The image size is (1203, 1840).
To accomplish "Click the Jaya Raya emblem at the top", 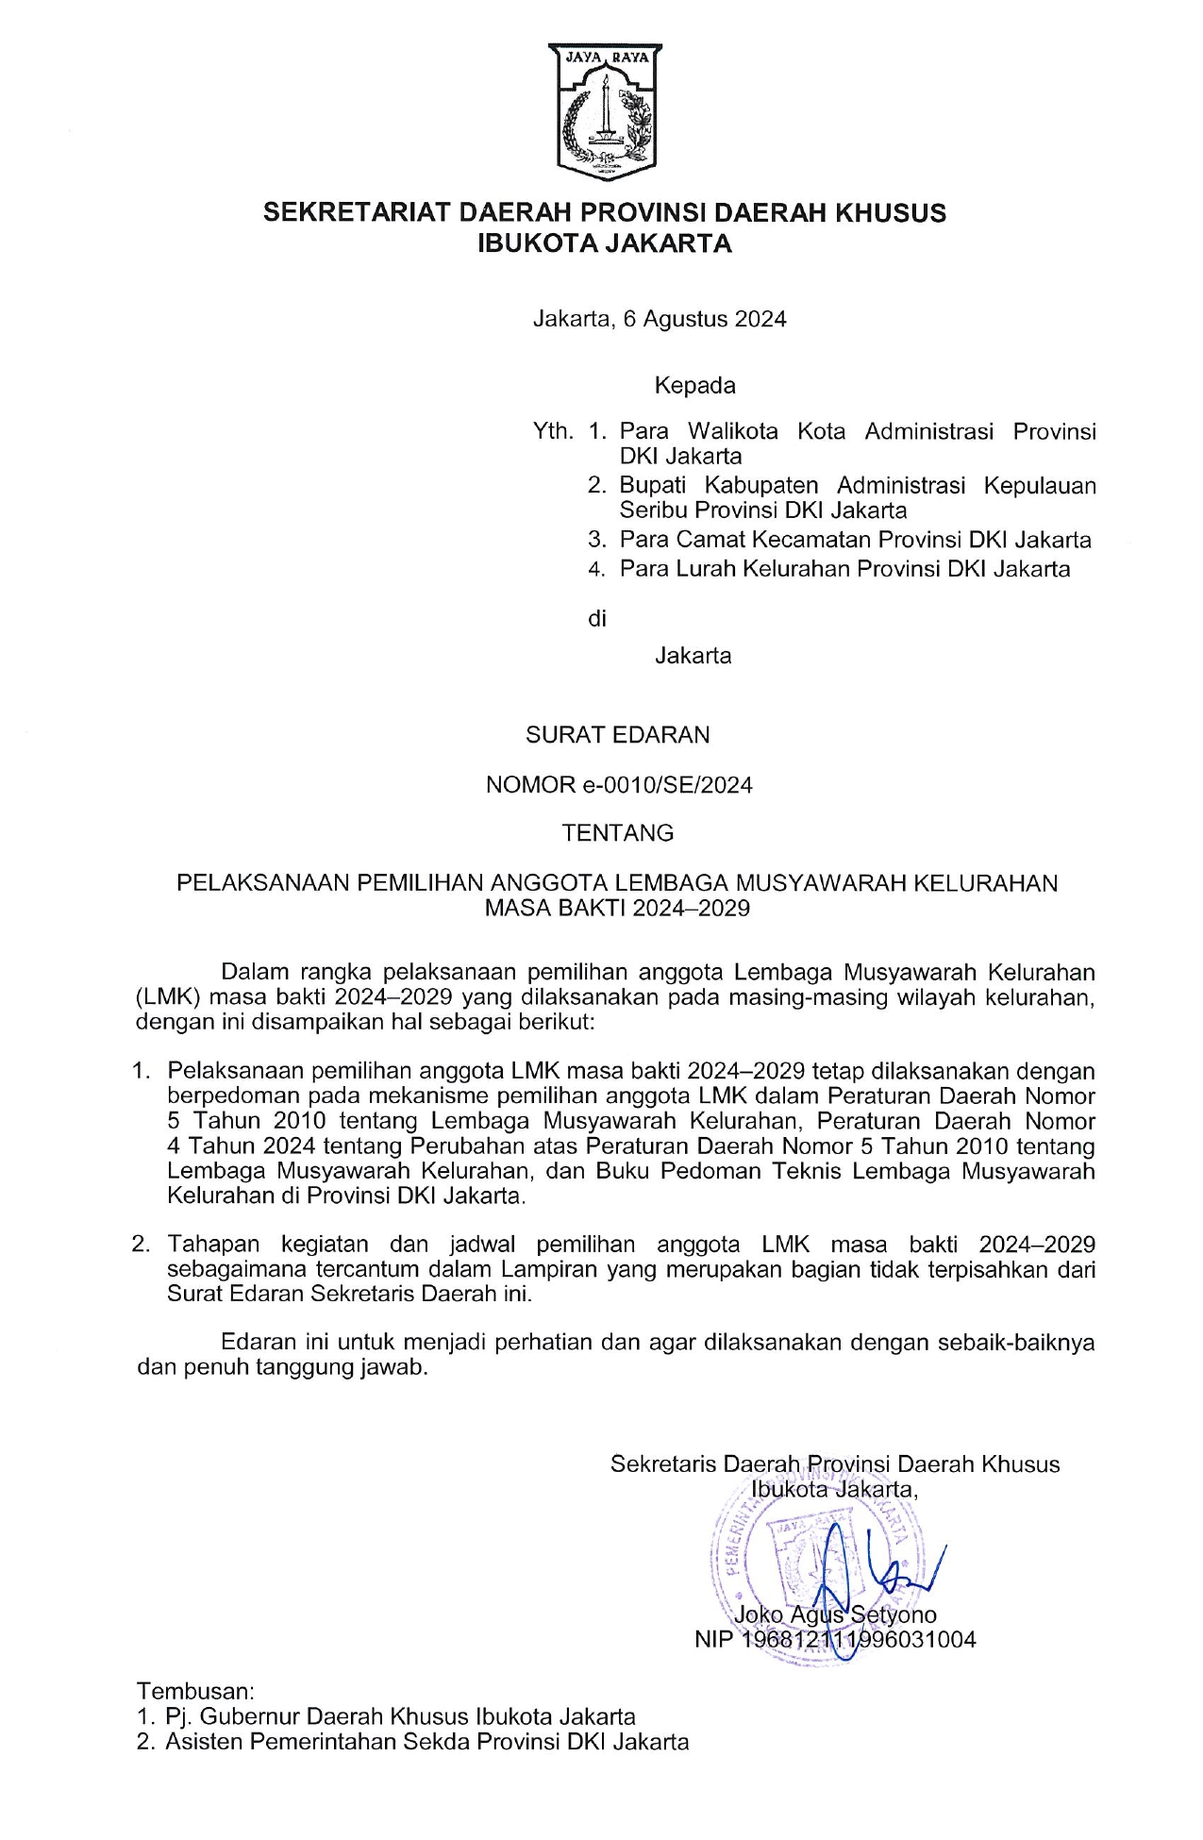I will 604,110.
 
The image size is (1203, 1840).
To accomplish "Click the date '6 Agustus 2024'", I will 705,319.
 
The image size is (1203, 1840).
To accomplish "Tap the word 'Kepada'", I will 695,385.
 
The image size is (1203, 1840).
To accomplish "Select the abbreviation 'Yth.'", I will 553,431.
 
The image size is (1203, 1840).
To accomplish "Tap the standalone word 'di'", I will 596,619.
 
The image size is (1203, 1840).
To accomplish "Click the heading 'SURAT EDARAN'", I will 617,734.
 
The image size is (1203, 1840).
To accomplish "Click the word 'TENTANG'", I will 618,833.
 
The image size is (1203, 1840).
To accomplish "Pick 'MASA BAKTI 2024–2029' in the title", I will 617,908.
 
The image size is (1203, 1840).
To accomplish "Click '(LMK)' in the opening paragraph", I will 167,996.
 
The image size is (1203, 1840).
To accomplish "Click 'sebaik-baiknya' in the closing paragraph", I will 1015,1342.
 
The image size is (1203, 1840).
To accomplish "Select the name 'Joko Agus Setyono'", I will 835,1614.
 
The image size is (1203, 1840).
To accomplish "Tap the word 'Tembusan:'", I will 195,1690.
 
